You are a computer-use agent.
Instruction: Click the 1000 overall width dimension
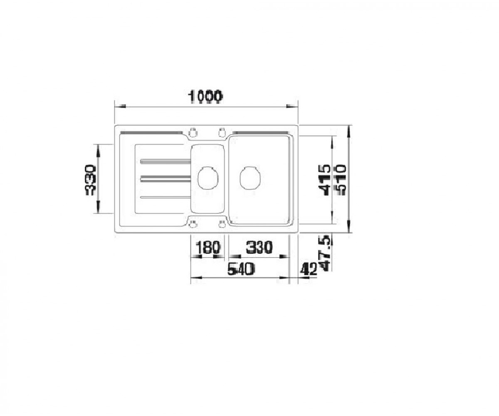(x=205, y=97)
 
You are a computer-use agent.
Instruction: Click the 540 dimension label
(x=241, y=269)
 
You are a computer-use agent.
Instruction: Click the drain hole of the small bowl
(x=208, y=178)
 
